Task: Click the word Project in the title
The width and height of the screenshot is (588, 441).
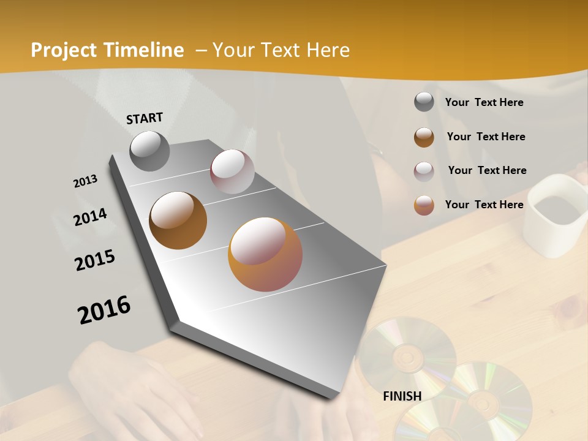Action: (x=62, y=50)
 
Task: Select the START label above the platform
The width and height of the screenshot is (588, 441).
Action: (x=145, y=118)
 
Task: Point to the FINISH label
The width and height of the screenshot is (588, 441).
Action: (x=402, y=396)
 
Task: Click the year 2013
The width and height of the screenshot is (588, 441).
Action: (x=85, y=181)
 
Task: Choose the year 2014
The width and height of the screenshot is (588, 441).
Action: (x=90, y=217)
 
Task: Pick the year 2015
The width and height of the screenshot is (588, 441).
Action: (x=95, y=260)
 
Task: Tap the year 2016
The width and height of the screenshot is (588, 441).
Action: (x=104, y=309)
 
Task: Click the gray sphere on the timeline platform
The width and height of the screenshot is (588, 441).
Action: (x=149, y=151)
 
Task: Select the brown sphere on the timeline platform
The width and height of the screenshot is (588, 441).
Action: (x=178, y=221)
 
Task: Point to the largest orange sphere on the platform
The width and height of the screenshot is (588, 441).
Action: (x=265, y=254)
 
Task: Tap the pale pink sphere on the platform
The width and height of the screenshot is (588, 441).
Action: (x=232, y=171)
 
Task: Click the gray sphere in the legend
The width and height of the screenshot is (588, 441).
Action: (x=424, y=102)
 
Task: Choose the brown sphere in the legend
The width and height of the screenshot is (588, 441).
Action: (x=424, y=137)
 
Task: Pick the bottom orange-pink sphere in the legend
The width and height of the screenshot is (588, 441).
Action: (x=424, y=205)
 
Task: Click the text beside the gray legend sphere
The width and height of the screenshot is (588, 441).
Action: (x=484, y=102)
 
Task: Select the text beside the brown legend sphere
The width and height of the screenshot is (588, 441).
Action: (x=486, y=137)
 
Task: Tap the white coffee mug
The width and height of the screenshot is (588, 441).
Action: (x=555, y=214)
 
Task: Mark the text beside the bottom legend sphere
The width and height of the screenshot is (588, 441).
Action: (x=484, y=205)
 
